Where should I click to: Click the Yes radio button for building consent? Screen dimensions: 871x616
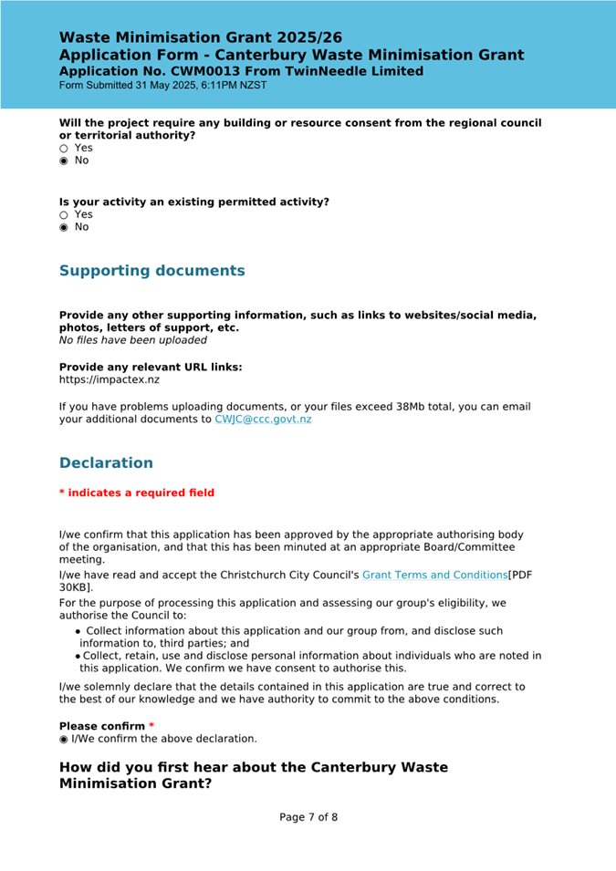(64, 148)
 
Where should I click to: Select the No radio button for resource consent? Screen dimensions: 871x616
(64, 161)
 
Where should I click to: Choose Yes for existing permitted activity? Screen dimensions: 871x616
(64, 214)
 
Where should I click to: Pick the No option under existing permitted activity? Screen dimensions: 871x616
(64, 227)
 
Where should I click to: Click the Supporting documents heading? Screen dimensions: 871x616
(151, 271)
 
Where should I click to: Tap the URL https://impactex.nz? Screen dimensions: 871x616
(109, 379)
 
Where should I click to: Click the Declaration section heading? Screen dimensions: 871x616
(106, 463)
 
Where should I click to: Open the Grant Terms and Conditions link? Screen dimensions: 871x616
(434, 575)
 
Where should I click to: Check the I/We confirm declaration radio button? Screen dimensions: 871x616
(64, 739)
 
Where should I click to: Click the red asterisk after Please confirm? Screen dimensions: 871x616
(151, 726)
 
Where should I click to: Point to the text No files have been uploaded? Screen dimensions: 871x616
(132, 340)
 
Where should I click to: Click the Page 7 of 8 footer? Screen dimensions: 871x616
(308, 817)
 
